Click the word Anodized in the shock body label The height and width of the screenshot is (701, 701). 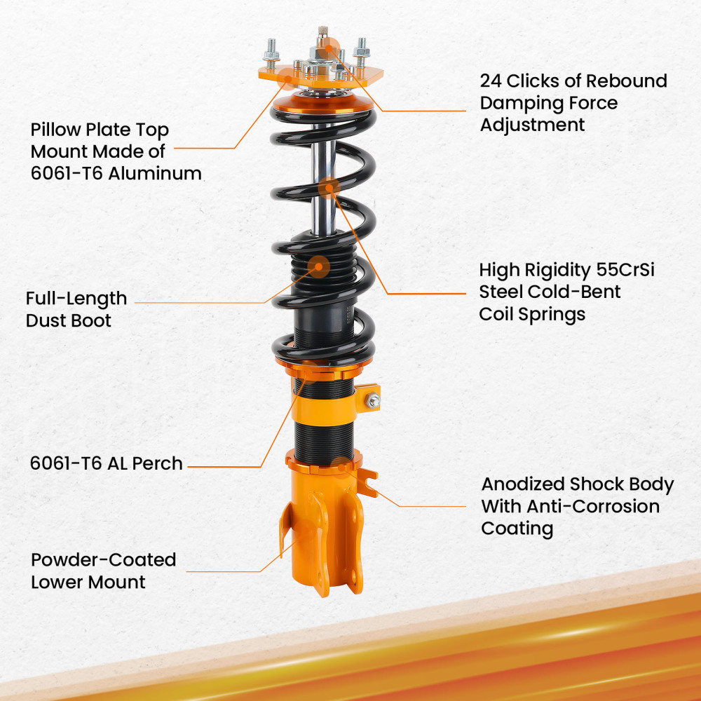[x=523, y=484]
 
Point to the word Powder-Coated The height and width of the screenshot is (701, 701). [x=103, y=560]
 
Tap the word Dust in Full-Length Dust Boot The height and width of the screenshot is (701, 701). [x=48, y=320]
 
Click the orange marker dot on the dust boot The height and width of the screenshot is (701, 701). [x=320, y=266]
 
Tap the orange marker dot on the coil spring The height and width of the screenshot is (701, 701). [x=329, y=187]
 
